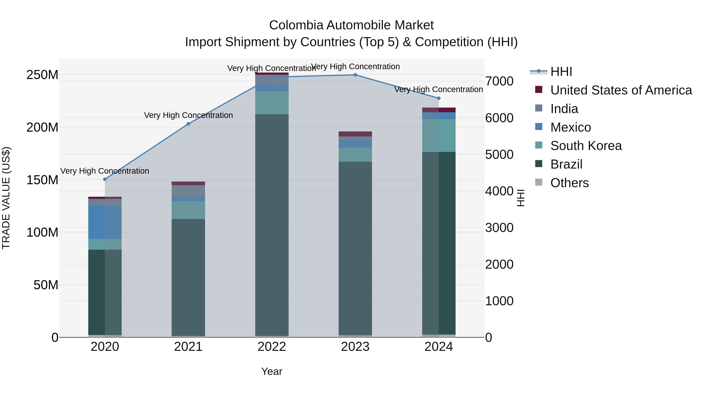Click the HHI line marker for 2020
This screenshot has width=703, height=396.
[x=105, y=179]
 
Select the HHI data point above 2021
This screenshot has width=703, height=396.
[x=188, y=124]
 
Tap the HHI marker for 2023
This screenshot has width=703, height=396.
[x=355, y=75]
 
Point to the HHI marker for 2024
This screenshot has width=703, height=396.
[x=439, y=98]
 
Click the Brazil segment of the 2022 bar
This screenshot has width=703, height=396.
[x=272, y=224]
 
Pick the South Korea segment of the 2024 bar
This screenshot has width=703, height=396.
[x=439, y=135]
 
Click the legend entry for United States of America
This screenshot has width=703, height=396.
[x=621, y=90]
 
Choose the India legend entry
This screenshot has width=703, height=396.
[x=564, y=109]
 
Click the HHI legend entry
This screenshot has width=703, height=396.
[x=561, y=72]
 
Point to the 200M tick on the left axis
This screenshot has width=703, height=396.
[x=42, y=127]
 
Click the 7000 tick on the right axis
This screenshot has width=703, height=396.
[x=499, y=81]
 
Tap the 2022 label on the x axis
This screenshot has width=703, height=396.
[x=272, y=347]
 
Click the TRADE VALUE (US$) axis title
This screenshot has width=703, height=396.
[x=6, y=198]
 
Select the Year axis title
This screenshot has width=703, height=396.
[x=272, y=371]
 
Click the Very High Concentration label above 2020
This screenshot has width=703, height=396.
[x=105, y=171]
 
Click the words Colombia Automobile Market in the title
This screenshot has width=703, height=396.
[x=351, y=25]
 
